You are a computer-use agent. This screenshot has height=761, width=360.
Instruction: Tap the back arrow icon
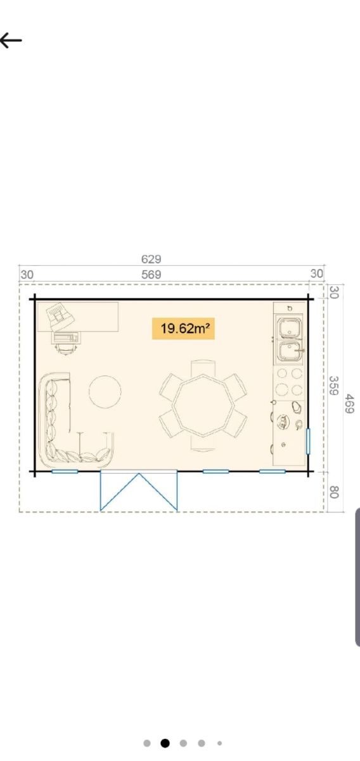point(11,40)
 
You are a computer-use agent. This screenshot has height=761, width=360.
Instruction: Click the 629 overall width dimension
point(151,259)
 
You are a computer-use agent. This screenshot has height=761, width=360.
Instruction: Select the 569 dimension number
point(151,275)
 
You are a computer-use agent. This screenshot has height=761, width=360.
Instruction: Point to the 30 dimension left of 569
point(27,275)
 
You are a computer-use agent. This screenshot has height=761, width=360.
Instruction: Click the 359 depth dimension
point(334,386)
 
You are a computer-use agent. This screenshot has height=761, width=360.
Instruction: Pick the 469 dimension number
point(349,403)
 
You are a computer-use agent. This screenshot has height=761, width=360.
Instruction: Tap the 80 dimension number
point(334,492)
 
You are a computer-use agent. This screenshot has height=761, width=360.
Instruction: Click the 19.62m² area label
point(183,328)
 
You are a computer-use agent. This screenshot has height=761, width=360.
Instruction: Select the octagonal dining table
point(203,405)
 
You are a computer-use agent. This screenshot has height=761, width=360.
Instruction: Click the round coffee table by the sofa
point(105,392)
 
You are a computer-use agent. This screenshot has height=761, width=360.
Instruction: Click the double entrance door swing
point(139,491)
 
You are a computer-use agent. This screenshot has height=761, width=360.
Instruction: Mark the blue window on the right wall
point(308,441)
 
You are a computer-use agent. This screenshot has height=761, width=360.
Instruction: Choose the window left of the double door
point(65,471)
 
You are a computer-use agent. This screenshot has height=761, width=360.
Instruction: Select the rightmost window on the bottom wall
point(273,471)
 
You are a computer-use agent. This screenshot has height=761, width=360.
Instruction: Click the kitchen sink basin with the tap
point(290,352)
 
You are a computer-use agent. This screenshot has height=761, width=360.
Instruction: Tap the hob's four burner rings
point(290,382)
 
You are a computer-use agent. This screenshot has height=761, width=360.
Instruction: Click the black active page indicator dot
point(165,743)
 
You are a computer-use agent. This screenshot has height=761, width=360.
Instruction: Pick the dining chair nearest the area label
point(203,368)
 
